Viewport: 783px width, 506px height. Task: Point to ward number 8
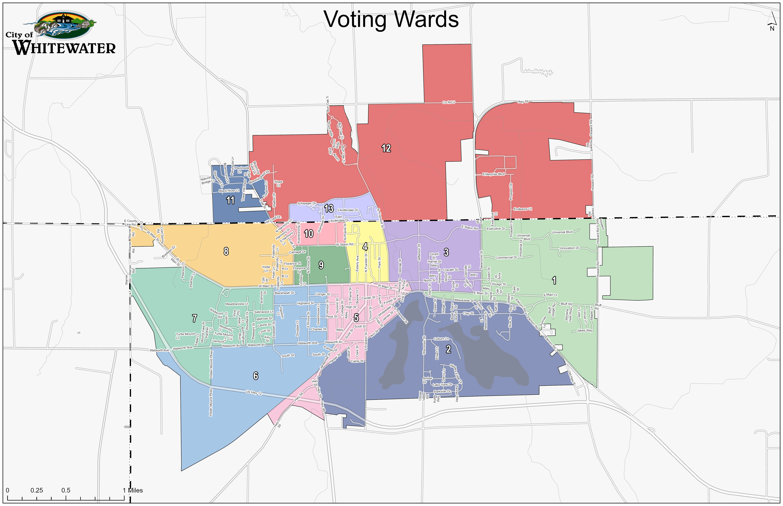coord(226,251)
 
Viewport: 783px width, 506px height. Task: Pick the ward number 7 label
coord(194,318)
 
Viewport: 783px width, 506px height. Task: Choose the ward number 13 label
coord(329,208)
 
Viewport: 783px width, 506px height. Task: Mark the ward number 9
coord(321,265)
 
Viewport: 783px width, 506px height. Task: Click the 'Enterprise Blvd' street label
coord(493,174)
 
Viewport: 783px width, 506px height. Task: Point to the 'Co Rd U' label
coord(448,103)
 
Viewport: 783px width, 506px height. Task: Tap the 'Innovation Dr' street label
coord(569,248)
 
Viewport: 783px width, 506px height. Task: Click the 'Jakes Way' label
coord(585,331)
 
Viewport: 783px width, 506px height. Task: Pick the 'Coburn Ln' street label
coord(441,339)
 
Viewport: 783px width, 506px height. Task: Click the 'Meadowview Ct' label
coord(237,304)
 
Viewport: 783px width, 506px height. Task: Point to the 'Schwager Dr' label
coord(306,203)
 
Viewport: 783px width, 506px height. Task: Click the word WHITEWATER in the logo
coord(64,48)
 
